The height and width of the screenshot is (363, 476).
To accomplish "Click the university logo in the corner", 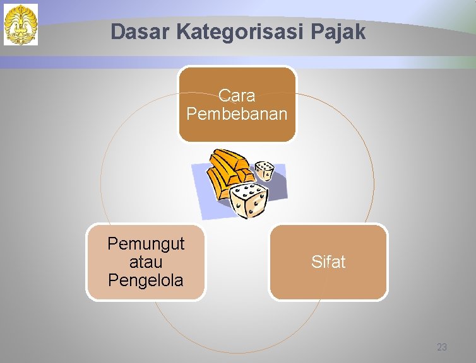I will click(x=21, y=25).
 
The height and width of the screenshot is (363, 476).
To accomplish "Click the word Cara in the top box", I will click(x=237, y=96).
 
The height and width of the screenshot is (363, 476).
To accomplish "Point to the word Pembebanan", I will click(x=237, y=114).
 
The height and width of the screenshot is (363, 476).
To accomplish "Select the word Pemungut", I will click(x=146, y=243).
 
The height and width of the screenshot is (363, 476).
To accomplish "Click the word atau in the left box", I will click(x=145, y=262).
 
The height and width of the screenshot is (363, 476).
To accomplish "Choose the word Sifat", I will click(x=328, y=262).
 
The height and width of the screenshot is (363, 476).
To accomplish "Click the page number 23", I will click(x=441, y=347).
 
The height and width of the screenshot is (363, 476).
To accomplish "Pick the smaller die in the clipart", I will click(x=264, y=171).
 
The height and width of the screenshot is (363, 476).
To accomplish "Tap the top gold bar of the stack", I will click(x=230, y=160).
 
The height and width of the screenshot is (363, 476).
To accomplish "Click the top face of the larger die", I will click(x=247, y=190).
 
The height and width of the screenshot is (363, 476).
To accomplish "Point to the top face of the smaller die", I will click(x=265, y=165).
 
